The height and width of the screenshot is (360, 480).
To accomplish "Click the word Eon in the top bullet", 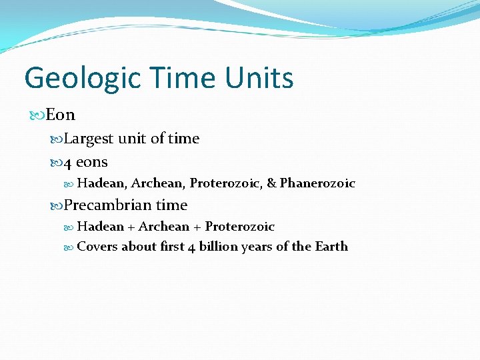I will [x=61, y=115].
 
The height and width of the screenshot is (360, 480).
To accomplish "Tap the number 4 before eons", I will [x=68, y=162].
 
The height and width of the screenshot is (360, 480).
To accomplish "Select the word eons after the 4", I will [x=92, y=162].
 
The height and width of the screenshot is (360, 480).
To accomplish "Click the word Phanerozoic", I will [x=317, y=183].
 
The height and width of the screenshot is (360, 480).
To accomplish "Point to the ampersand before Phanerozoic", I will [x=271, y=183].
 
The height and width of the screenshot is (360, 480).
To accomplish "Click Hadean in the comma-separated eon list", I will [x=102, y=183].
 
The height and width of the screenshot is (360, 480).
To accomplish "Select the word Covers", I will [x=97, y=247].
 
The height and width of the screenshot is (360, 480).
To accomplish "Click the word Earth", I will [x=331, y=247].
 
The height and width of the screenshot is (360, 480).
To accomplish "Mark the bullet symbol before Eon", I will [x=38, y=115].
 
